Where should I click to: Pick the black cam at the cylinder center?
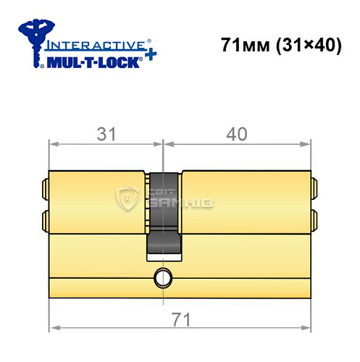click(164, 214)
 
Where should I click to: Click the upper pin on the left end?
click(45, 188)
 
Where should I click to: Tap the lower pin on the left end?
click(45, 218)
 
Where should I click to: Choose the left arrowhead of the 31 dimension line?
click(53, 143)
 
